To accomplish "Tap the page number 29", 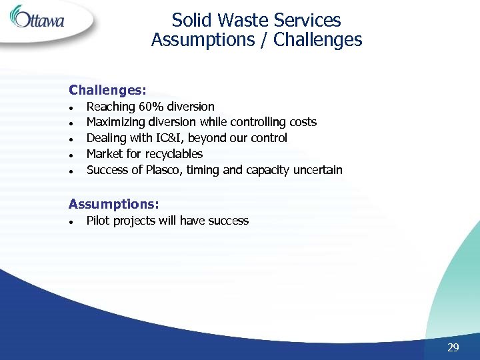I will tap(453, 347).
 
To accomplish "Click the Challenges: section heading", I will tap(107, 89).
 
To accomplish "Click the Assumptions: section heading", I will tap(114, 204).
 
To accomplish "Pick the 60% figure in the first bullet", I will tap(151, 107).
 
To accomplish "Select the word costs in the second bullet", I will tap(303, 122).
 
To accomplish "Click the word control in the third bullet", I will tap(268, 138).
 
